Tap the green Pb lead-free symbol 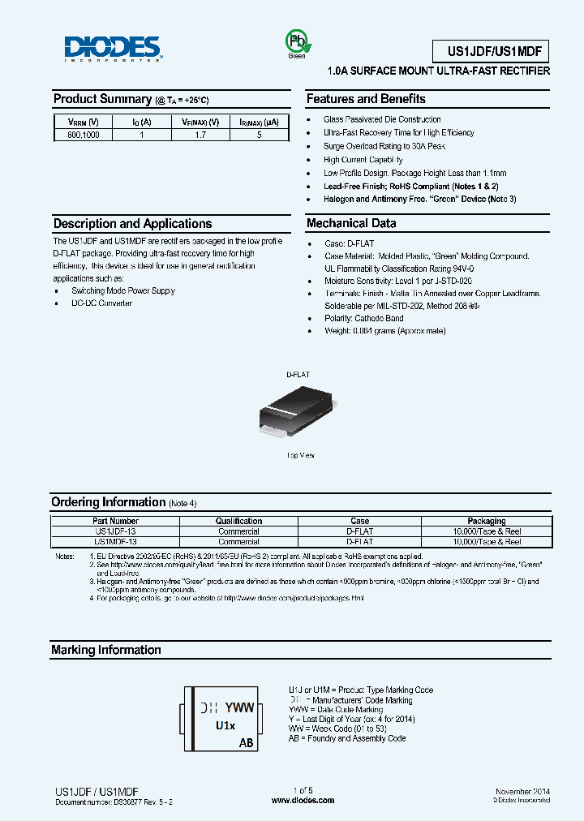pos(296,42)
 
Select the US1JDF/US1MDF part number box pos(498,52)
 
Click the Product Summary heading pos(102,99)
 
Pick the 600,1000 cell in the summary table pos(84,135)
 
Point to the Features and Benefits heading pos(366,99)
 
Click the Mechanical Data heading pos(351,223)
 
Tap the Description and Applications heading pos(132,223)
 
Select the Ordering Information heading pos(108,502)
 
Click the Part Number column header pos(116,521)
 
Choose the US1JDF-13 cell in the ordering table pos(116,531)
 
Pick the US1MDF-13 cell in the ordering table pos(116,541)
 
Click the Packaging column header pos(487,521)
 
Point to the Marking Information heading pos(106,650)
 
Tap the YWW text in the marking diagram pos(239,707)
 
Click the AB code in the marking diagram pos(246,742)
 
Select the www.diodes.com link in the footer pos(303,800)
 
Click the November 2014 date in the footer pos(522,790)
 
